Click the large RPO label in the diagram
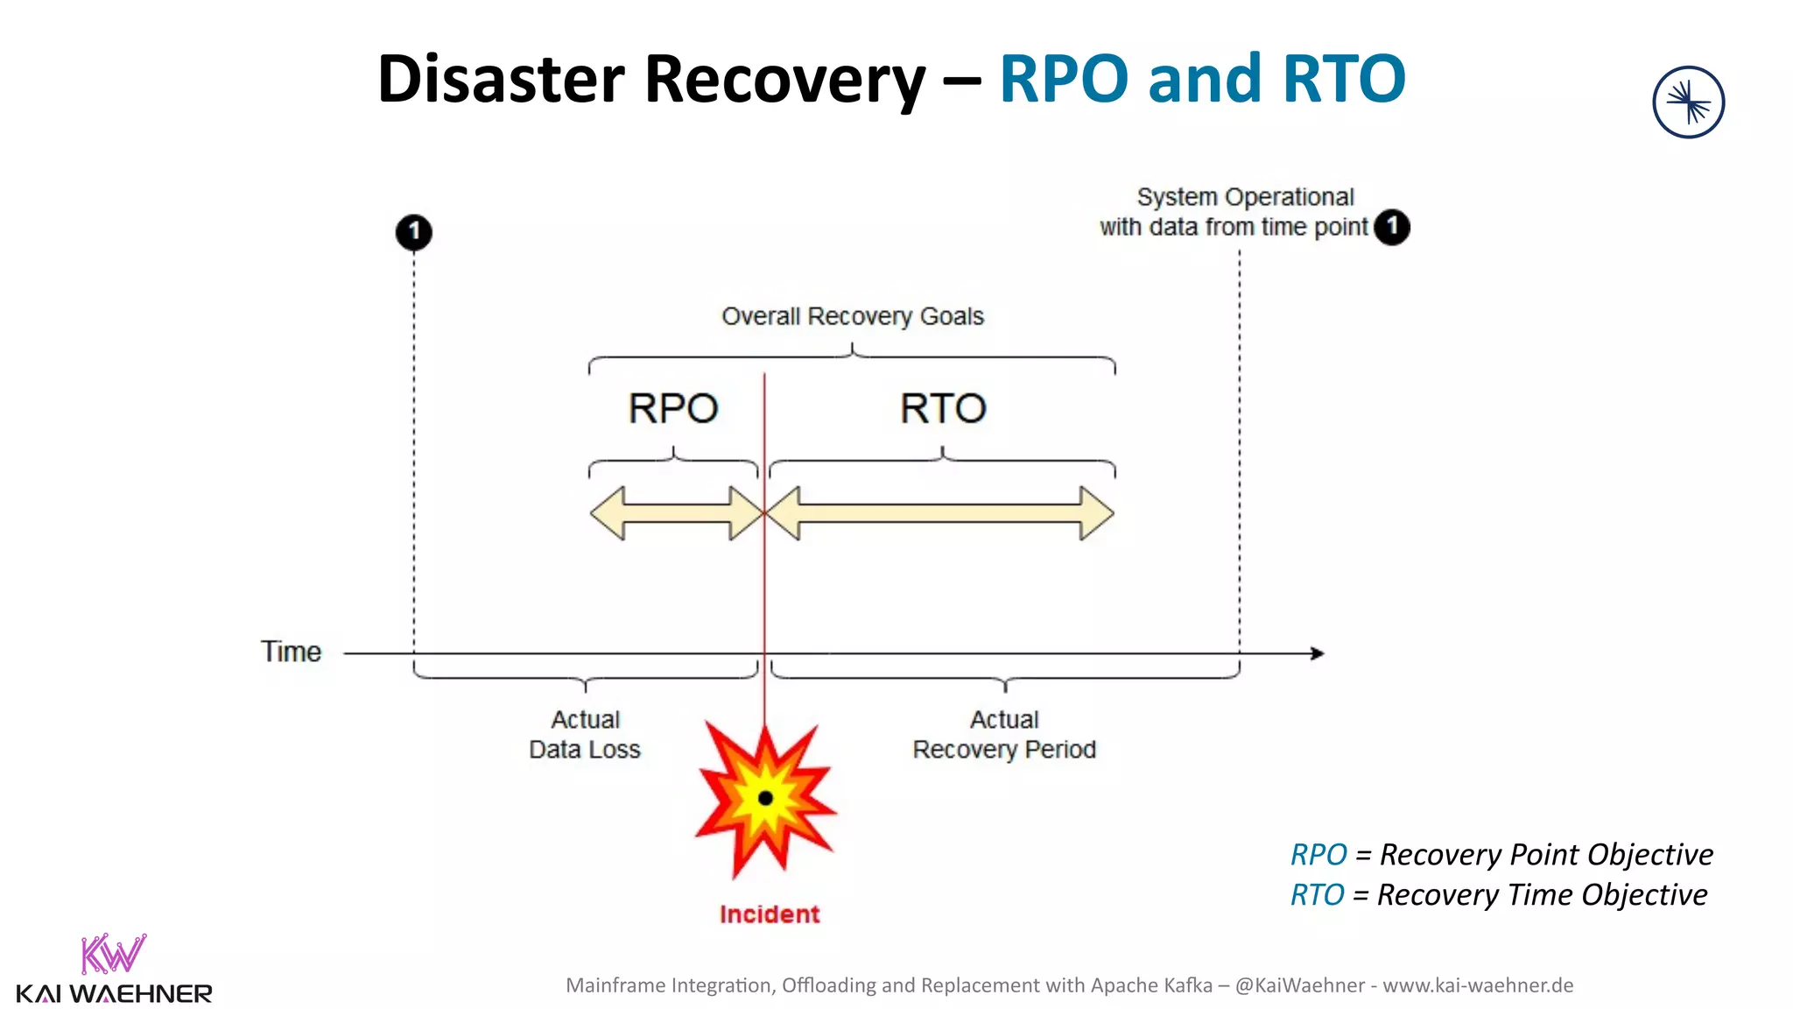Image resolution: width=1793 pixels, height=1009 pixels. (672, 408)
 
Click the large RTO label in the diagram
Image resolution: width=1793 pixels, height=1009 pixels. (943, 408)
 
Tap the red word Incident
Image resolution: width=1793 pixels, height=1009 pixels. (770, 914)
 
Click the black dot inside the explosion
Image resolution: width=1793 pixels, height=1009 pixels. (765, 798)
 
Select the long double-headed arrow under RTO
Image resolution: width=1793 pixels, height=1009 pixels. (942, 513)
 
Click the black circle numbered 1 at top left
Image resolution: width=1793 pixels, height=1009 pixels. (414, 232)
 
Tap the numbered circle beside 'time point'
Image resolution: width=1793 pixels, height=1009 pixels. (1391, 227)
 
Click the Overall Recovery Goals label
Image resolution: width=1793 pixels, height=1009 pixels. (852, 316)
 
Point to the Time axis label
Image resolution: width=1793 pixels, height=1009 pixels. (291, 653)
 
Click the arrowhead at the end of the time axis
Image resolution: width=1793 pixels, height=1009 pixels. (1317, 653)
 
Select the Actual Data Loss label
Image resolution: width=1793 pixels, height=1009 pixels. (585, 735)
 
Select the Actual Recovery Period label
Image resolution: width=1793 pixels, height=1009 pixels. (1003, 735)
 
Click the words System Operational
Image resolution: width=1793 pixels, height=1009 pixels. (1245, 197)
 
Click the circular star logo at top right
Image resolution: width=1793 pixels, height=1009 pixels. (1688, 102)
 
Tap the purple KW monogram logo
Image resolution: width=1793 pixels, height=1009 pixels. (113, 954)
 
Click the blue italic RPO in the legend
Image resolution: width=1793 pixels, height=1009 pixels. (1318, 855)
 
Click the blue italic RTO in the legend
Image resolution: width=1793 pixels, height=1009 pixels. (1317, 895)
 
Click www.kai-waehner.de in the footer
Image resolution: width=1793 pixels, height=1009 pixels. (1478, 985)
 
